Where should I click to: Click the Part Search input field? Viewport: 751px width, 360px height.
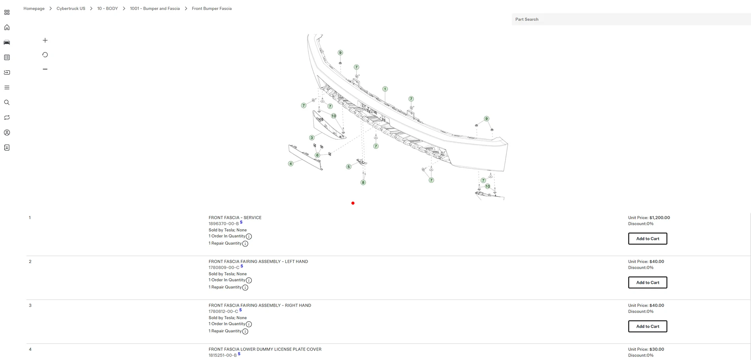tap(631, 19)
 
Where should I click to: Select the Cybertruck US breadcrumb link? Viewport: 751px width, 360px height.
tap(71, 8)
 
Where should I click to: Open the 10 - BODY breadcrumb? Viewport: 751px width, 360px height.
tap(108, 8)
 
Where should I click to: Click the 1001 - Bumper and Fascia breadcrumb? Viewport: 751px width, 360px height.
tap(155, 8)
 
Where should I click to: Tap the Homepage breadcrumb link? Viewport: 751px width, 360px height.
tap(34, 8)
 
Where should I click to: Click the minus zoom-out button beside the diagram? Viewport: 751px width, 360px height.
tap(45, 69)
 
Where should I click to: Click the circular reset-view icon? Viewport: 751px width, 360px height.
tap(45, 55)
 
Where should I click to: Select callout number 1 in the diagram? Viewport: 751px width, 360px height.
tap(385, 89)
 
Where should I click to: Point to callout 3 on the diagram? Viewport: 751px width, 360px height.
tap(312, 138)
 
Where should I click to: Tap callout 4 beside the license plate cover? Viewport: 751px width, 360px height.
tap(291, 164)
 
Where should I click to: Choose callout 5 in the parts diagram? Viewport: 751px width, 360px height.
tap(349, 167)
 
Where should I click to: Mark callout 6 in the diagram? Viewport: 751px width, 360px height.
tap(317, 155)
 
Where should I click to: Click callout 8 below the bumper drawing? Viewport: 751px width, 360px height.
tap(363, 183)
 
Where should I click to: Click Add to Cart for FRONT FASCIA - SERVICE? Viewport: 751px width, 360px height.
tap(647, 239)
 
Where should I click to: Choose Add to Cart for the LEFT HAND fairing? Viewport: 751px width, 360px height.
tap(647, 283)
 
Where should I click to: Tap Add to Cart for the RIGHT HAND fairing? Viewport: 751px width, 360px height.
tap(647, 326)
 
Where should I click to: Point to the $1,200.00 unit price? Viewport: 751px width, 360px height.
tap(660, 218)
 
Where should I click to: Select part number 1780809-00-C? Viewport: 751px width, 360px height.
tap(224, 268)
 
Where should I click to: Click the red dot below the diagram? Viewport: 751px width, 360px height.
tap(353, 203)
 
